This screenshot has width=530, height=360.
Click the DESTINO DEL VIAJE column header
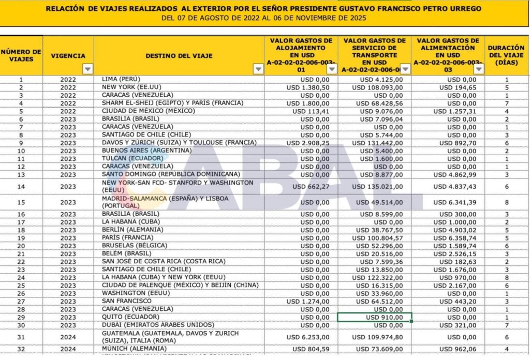(179, 56)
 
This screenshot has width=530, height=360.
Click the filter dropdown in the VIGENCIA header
(87, 69)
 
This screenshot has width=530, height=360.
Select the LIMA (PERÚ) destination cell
(124, 79)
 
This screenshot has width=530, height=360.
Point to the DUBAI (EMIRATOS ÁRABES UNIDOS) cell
(150, 325)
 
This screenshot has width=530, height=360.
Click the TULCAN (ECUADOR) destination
(129, 158)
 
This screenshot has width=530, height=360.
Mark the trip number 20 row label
(21, 246)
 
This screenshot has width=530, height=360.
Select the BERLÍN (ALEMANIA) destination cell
(133, 230)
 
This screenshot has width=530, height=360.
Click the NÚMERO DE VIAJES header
(21, 55)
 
